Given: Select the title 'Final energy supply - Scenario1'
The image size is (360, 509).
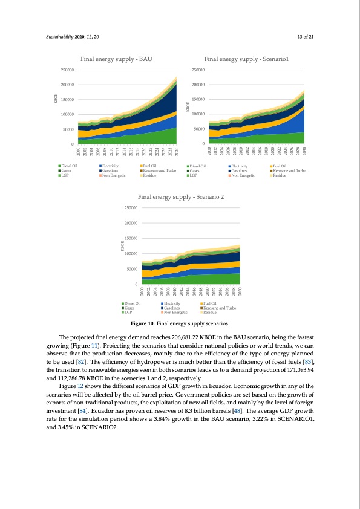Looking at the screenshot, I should point(246,59).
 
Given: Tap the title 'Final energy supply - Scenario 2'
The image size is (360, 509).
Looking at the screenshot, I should point(181,197).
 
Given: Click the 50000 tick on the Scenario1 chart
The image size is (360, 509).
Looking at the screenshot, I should point(198,129).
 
